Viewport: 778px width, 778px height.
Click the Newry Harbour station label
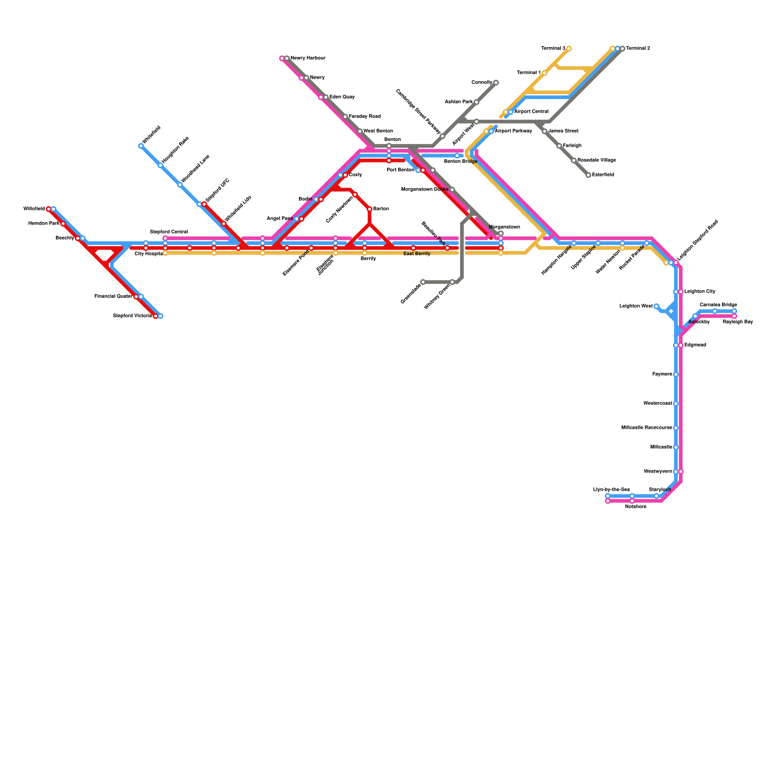(x=308, y=58)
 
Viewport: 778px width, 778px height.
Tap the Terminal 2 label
(x=637, y=49)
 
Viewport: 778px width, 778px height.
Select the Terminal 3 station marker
(x=569, y=49)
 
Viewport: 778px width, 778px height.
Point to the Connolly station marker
(x=496, y=83)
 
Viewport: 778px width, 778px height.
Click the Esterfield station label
(x=603, y=175)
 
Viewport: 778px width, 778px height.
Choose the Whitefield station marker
(x=141, y=146)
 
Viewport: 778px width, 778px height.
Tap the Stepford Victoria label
(x=132, y=316)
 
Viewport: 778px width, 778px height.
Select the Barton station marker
(x=370, y=209)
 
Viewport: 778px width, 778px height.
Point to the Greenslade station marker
(x=423, y=282)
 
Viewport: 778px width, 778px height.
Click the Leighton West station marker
(x=656, y=306)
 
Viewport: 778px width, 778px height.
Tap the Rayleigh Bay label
(x=738, y=322)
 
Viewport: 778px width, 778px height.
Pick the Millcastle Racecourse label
(x=646, y=428)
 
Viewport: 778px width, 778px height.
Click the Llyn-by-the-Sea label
(x=611, y=490)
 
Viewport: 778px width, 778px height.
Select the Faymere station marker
(x=676, y=374)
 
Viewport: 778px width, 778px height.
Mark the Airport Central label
(x=531, y=112)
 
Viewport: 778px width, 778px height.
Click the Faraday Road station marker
(x=345, y=117)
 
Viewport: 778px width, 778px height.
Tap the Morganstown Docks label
(x=424, y=190)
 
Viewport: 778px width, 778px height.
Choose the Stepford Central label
(x=168, y=232)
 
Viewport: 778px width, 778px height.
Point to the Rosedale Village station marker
(x=574, y=160)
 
